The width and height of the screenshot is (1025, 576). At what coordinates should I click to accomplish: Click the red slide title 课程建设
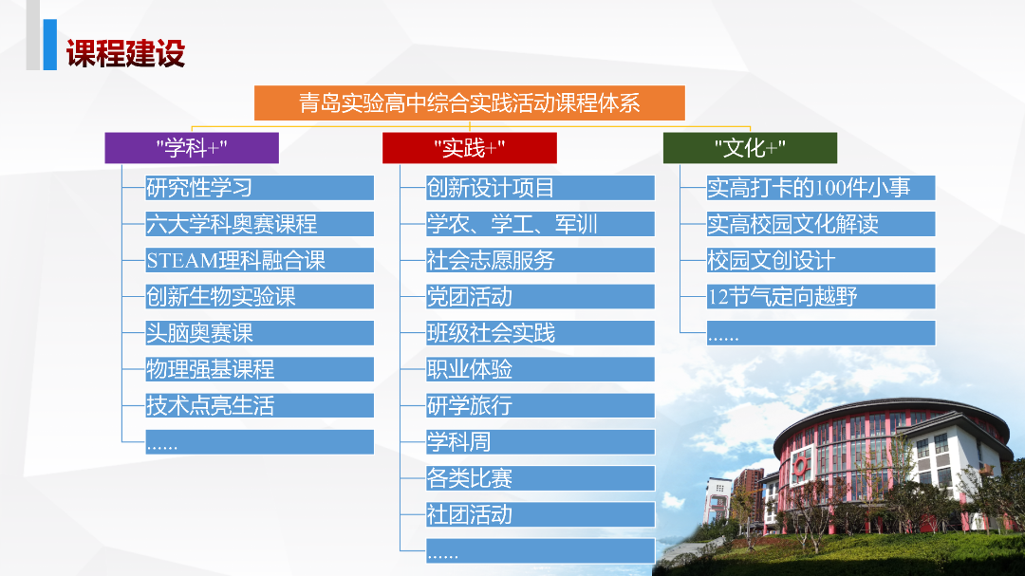tap(125, 53)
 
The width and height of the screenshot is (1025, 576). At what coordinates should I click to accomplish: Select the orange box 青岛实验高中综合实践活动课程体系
tap(470, 102)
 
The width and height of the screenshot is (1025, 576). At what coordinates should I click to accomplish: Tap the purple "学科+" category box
tap(192, 148)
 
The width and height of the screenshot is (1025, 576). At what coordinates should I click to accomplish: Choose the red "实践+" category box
tap(470, 148)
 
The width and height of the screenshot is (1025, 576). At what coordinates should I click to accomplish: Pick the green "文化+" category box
tap(750, 148)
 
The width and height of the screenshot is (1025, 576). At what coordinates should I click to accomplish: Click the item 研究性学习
tap(259, 188)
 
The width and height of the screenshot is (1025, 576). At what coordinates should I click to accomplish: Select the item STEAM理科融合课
tap(259, 260)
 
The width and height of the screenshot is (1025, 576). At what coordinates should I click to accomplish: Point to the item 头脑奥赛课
tap(259, 333)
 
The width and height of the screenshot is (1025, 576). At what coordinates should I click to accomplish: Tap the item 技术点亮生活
tap(259, 405)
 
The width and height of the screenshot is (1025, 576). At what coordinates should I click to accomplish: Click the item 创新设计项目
tap(540, 188)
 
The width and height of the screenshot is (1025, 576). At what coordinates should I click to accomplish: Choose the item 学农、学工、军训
tap(540, 224)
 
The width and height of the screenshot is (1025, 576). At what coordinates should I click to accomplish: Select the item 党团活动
tap(540, 296)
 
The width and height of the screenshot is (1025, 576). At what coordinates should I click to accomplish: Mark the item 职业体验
tap(540, 369)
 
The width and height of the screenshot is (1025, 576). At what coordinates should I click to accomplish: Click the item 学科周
tap(540, 441)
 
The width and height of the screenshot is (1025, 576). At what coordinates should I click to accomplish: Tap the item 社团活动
tap(540, 514)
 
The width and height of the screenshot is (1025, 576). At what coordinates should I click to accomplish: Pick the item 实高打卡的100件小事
tap(820, 188)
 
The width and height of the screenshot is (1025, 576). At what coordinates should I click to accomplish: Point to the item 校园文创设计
tap(820, 260)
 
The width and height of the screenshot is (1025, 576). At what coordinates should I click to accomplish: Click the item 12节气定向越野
tap(820, 296)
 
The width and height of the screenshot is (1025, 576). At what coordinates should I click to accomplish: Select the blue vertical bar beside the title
tap(49, 45)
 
